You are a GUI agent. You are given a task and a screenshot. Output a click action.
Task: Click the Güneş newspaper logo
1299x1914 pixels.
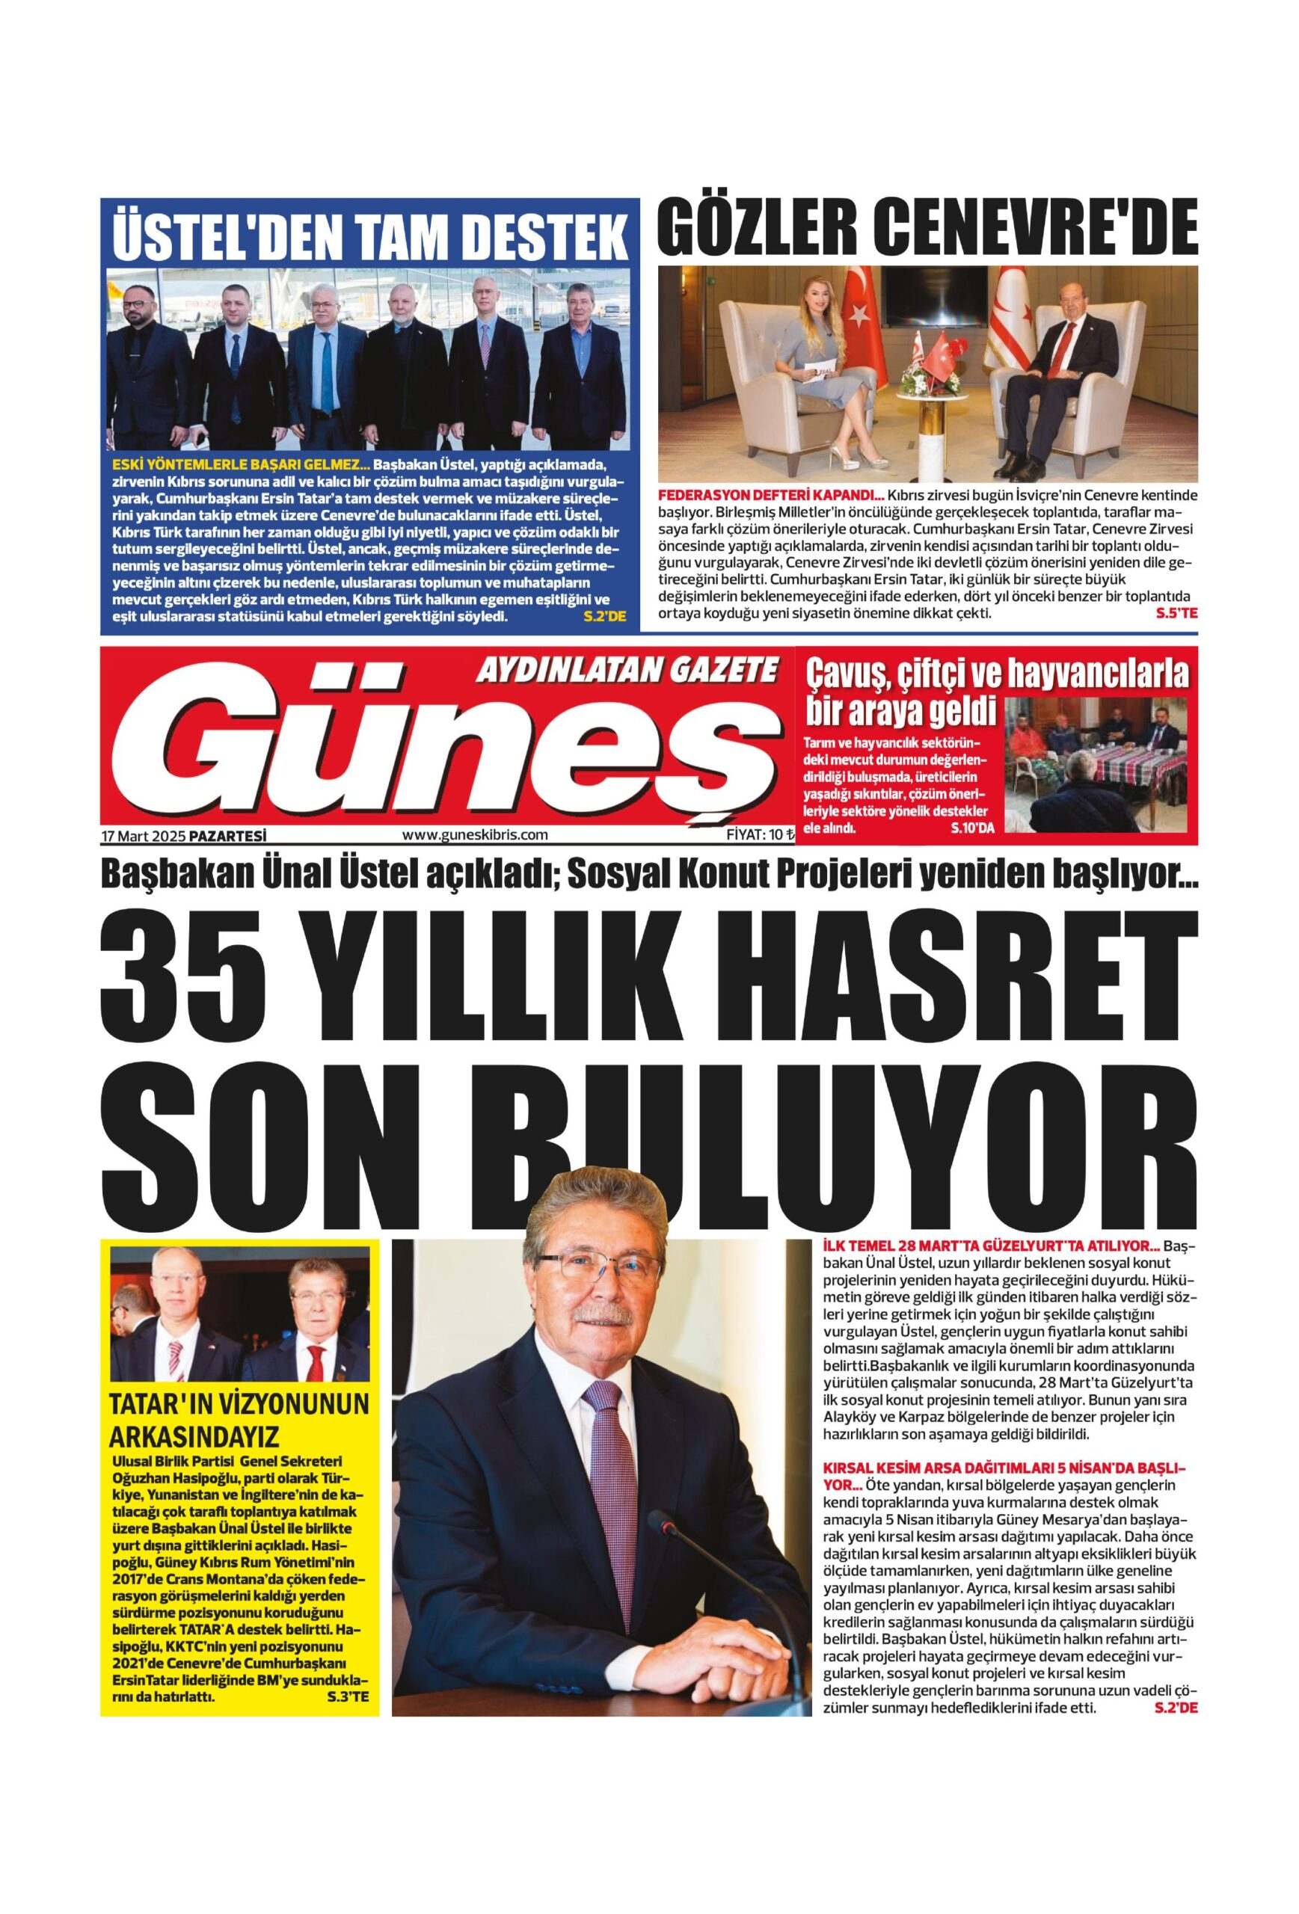pyautogui.click(x=445, y=749)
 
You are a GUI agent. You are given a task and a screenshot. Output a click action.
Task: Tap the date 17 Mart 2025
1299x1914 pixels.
pyautogui.click(x=144, y=835)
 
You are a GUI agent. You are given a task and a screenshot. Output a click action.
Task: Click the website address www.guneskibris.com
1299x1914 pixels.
pyautogui.click(x=474, y=834)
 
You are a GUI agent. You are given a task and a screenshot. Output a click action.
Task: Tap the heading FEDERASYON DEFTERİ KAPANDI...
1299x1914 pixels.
pyautogui.click(x=770, y=496)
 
